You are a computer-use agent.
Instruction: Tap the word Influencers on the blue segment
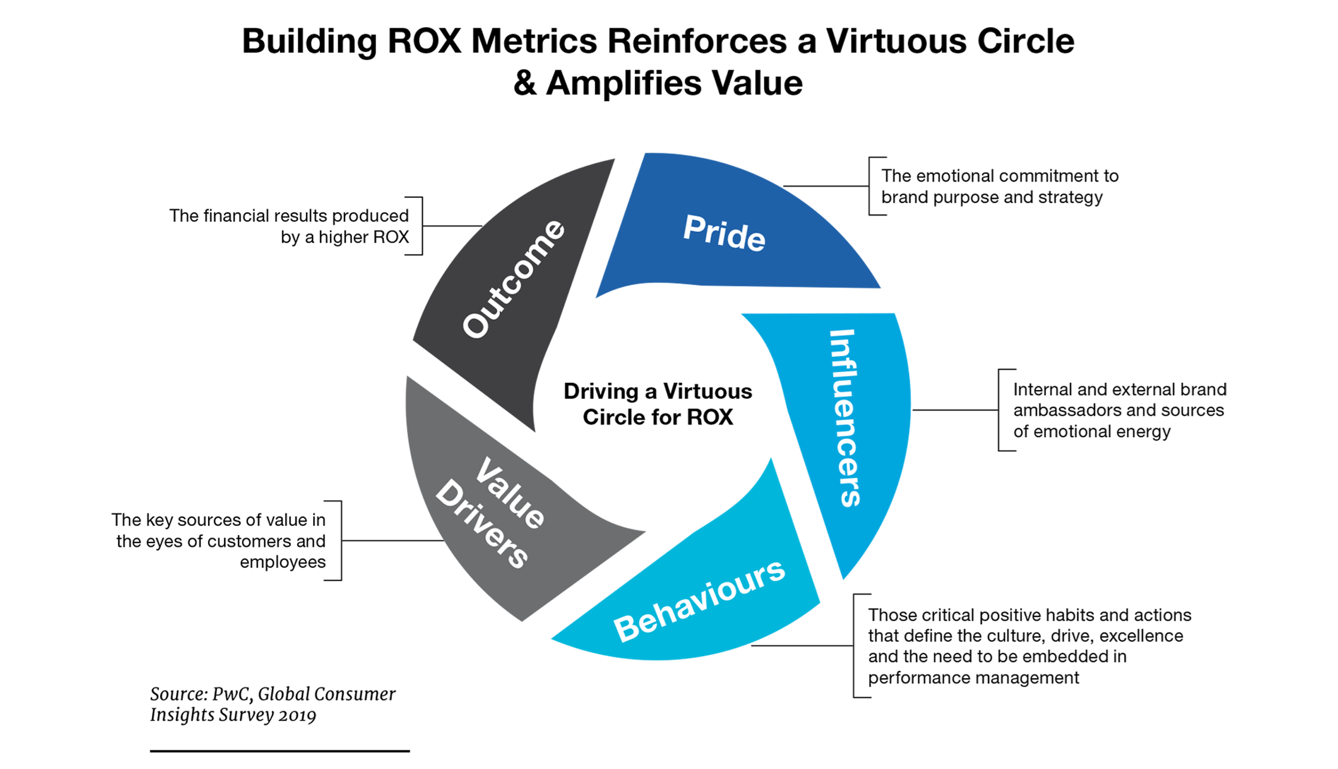(x=845, y=418)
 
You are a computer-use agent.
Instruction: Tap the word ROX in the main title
(x=424, y=41)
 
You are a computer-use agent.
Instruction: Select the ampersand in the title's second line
(x=525, y=84)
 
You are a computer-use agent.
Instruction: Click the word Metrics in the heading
(x=534, y=41)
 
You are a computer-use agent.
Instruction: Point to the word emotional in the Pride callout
(x=959, y=176)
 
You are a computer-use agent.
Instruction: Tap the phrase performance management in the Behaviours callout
(x=973, y=678)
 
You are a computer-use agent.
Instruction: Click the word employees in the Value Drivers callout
(x=283, y=562)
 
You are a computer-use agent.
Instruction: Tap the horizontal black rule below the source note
(x=279, y=751)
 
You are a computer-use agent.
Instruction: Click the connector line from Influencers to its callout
(x=954, y=410)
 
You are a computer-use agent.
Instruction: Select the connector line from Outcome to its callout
(x=452, y=226)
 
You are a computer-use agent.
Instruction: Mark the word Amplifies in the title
(x=623, y=84)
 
